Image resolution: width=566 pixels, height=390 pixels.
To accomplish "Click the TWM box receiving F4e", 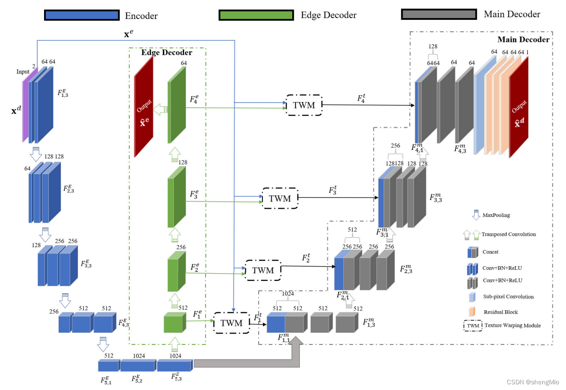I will click(304, 105).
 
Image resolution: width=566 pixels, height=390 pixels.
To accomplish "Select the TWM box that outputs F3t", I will click(279, 198).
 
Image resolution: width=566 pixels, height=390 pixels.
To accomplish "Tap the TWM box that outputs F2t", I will click(262, 270).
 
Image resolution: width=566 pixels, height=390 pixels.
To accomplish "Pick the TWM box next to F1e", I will click(232, 323).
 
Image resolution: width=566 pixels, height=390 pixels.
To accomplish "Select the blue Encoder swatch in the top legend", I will click(81, 15).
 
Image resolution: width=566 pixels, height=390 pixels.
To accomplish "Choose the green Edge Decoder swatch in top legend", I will click(256, 15).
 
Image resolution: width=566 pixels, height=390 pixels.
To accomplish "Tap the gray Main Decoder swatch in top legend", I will click(439, 14).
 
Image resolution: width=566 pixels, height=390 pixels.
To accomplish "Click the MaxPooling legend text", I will click(496, 215).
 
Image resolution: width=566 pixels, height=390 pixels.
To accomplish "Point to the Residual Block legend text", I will click(501, 312).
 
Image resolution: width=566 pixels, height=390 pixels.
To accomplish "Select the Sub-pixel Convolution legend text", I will click(508, 297).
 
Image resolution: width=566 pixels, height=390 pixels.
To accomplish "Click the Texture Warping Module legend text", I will click(512, 325).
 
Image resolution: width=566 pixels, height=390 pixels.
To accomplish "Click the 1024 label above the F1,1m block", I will click(287, 294).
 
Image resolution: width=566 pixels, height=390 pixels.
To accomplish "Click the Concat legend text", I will click(491, 252).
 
